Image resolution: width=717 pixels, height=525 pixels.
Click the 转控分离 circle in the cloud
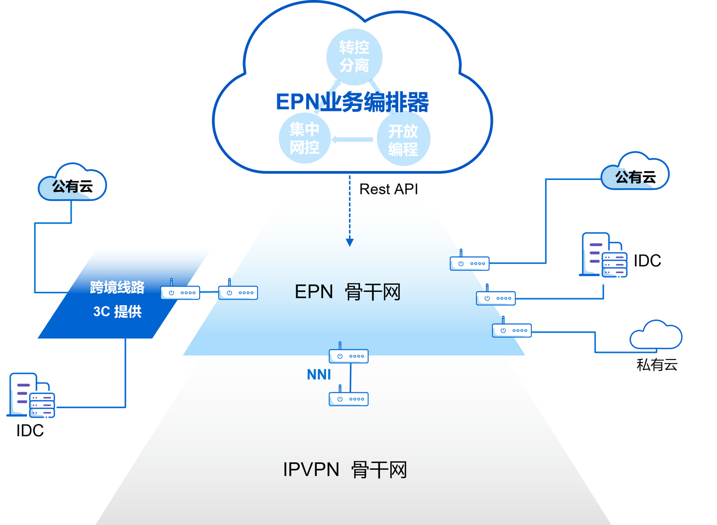[355, 57]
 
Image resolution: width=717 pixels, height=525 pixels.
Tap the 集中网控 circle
[304, 138]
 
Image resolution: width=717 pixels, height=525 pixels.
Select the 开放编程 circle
[403, 139]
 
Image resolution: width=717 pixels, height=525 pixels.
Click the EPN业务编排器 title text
[352, 102]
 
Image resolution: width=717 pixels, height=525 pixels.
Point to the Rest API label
[388, 189]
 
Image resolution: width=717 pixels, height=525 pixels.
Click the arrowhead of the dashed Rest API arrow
[350, 243]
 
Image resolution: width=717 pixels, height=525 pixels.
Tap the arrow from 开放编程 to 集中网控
[352, 139]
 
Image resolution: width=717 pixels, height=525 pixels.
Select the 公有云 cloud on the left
[72, 182]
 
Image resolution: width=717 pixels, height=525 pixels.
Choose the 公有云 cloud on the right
[635, 171]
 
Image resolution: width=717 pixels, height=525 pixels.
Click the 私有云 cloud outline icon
[656, 335]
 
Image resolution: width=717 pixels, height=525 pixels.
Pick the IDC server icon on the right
[603, 255]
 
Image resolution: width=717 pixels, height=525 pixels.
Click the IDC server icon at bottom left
[31, 395]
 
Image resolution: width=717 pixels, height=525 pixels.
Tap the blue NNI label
[319, 374]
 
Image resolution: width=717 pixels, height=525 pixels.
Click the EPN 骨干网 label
[348, 292]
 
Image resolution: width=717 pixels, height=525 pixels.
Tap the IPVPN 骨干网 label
[345, 469]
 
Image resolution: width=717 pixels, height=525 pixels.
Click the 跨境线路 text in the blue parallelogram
[117, 287]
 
